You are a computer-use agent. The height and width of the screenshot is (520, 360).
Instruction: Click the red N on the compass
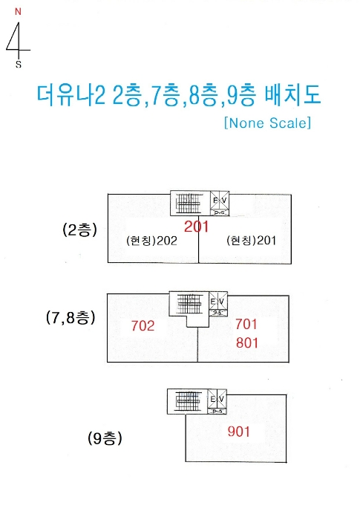pyautogui.click(x=18, y=12)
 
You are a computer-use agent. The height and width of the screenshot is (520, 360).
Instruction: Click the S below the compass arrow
pyautogui.click(x=19, y=65)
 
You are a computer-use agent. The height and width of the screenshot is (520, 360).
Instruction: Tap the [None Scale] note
pyautogui.click(x=267, y=123)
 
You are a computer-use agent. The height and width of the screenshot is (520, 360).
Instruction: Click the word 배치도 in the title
pyautogui.click(x=292, y=95)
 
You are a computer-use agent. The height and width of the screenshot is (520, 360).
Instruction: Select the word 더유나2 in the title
pyautogui.click(x=71, y=95)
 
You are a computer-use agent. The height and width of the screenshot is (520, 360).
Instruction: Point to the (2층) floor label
pyautogui.click(x=79, y=230)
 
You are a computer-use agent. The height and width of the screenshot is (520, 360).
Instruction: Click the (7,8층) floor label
pyautogui.click(x=71, y=318)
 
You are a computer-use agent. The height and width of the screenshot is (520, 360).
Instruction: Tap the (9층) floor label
pyautogui.click(x=105, y=438)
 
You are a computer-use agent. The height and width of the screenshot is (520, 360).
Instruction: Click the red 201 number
pyautogui.click(x=196, y=227)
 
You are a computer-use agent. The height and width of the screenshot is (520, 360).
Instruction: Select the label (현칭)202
pyautogui.click(x=151, y=241)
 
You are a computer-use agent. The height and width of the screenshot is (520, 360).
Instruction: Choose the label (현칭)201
pyautogui.click(x=252, y=240)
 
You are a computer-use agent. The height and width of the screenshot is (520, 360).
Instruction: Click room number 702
pyautogui.click(x=143, y=325)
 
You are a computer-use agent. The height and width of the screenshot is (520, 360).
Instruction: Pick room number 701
pyautogui.click(x=246, y=324)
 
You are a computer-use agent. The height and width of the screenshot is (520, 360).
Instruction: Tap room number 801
pyautogui.click(x=247, y=342)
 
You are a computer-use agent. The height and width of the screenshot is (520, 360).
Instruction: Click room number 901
pyautogui.click(x=239, y=432)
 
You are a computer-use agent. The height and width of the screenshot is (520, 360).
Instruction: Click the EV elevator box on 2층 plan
pyautogui.click(x=220, y=203)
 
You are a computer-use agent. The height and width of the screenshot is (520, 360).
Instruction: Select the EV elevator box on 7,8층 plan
pyautogui.click(x=218, y=304)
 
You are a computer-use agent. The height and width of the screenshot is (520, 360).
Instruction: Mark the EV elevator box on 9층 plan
pyautogui.click(x=217, y=402)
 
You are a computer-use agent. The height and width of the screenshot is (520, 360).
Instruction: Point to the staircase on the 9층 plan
pyautogui.click(x=188, y=401)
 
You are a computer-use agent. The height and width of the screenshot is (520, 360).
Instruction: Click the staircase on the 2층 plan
pyautogui.click(x=189, y=204)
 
